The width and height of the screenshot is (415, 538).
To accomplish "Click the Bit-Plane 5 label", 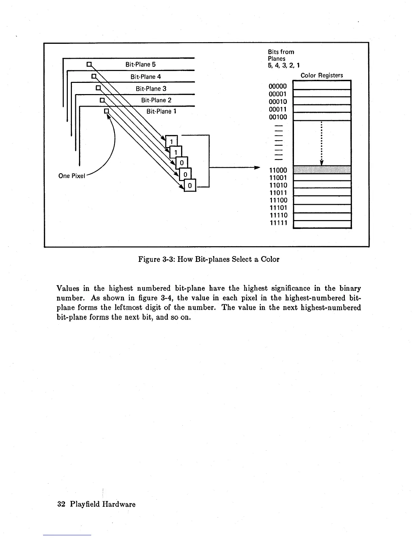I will click(x=140, y=65).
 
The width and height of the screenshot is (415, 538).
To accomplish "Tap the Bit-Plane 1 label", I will click(x=161, y=111).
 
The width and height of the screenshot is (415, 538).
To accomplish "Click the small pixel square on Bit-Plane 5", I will click(x=89, y=64).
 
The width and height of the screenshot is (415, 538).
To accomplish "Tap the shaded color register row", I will click(x=322, y=170).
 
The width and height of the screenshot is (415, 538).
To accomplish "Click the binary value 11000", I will click(x=278, y=170).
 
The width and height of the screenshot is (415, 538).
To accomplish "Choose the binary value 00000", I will click(x=278, y=87).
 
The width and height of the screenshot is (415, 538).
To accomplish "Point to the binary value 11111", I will click(x=278, y=223).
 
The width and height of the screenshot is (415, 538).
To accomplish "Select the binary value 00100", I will click(x=278, y=117).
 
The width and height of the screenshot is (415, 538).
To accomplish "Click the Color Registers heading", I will click(x=322, y=75).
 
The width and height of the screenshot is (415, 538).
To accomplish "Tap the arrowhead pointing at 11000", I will click(x=257, y=168).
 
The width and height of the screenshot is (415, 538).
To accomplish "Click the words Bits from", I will click(x=281, y=52).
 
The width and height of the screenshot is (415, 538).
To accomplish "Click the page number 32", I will click(x=61, y=504).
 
